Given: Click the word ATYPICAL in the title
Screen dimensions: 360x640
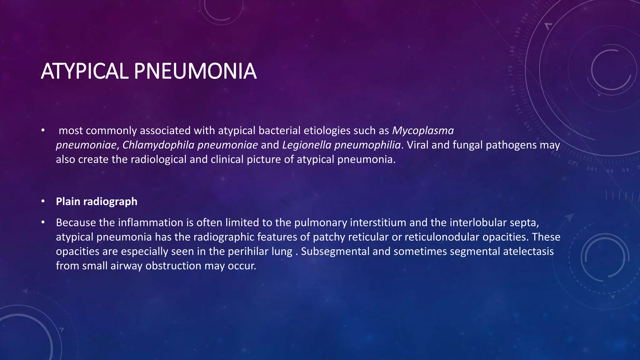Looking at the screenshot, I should point(84,71).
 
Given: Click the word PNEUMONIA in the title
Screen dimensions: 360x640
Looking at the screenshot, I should point(195,71).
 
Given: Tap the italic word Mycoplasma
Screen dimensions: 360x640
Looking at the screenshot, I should point(423,130).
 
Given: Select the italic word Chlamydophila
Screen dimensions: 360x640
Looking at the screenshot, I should point(158,145).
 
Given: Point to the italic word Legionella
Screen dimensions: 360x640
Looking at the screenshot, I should point(307,145).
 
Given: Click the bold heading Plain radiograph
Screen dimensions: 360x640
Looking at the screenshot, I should point(97,202).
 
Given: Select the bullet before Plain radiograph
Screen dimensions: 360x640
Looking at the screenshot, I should point(43,202).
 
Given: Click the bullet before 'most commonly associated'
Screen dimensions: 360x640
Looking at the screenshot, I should point(43,130).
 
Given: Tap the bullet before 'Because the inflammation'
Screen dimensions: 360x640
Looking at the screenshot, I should point(43,222).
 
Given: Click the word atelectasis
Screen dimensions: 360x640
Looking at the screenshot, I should point(528,251).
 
